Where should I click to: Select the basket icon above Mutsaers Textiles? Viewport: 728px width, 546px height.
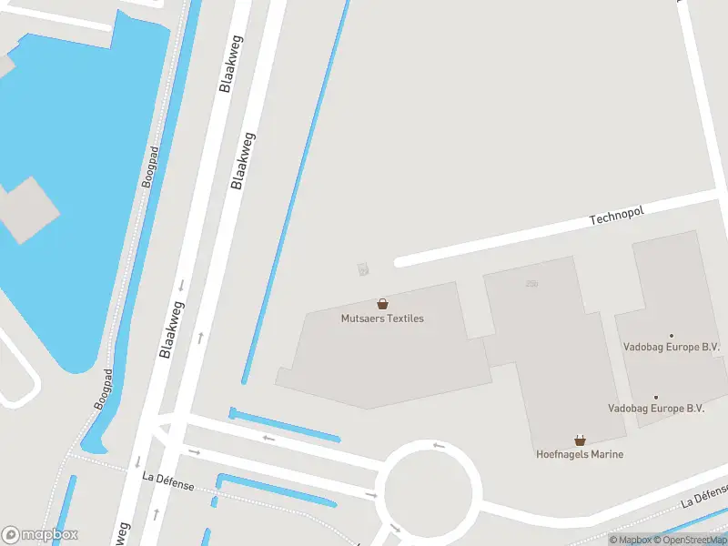(382, 304)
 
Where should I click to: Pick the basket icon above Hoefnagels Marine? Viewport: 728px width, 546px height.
(580, 440)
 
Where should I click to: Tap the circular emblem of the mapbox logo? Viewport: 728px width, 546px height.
(11, 535)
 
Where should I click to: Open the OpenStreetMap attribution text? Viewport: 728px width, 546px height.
(691, 540)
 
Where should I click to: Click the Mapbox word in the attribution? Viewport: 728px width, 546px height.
(632, 540)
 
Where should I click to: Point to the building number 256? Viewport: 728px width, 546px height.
(531, 284)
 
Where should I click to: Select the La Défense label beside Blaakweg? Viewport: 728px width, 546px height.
(168, 480)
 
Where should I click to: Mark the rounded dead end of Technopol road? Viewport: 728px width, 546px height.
(399, 262)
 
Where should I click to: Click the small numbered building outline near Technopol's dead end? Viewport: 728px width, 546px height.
(363, 268)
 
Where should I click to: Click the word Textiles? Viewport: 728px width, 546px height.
(405, 318)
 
